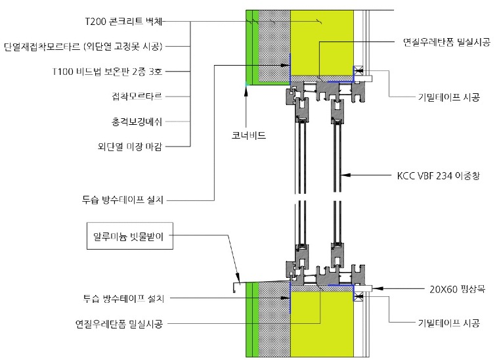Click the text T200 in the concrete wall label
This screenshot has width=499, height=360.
[x=95, y=21]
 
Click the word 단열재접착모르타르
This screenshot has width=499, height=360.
[x=42, y=47]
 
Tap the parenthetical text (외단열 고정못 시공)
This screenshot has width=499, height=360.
[x=123, y=47]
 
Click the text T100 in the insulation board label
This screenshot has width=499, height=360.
[x=63, y=72]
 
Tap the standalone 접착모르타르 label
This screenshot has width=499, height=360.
[x=137, y=96]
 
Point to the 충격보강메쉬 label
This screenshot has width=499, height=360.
[x=137, y=122]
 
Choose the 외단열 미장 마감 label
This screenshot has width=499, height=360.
[x=130, y=146]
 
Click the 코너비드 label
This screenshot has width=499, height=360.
[x=249, y=135]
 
